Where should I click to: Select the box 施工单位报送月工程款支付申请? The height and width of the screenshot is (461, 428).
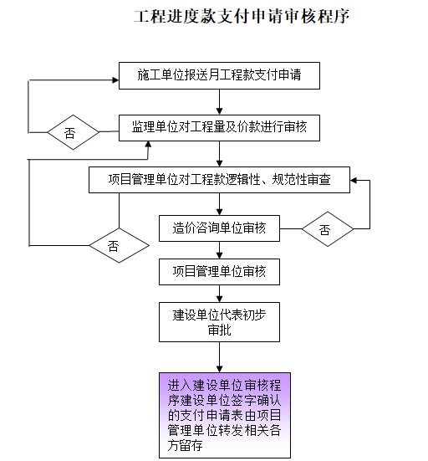click(218, 75)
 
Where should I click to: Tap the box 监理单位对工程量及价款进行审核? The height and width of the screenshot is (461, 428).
click(218, 127)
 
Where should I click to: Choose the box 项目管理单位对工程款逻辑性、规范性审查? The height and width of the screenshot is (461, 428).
click(219, 179)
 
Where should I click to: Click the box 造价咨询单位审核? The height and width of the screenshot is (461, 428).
click(219, 227)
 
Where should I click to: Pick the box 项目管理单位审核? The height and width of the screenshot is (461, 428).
click(219, 271)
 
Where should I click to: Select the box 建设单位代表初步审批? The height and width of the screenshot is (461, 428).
click(219, 322)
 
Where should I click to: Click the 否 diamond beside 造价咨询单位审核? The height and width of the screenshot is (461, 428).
click(325, 228)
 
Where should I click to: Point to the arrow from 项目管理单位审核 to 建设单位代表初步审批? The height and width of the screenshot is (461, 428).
click(219, 294)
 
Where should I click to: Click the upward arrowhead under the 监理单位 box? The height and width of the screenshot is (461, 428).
click(150, 145)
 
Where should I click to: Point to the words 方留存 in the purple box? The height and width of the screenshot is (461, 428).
click(186, 447)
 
